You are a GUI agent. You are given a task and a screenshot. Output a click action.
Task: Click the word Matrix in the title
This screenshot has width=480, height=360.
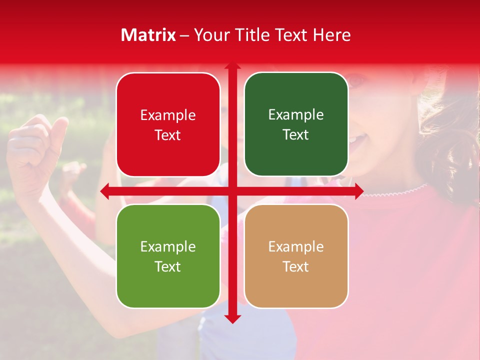point(148,35)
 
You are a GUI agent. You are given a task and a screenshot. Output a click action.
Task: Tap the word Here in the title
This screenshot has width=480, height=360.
point(331,35)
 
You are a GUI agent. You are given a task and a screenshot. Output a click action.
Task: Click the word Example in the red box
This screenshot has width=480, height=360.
point(168,115)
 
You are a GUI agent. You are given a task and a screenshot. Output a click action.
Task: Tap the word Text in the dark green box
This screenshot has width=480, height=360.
point(296,135)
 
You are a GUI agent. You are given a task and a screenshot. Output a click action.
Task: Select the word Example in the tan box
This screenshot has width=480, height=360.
point(296,247)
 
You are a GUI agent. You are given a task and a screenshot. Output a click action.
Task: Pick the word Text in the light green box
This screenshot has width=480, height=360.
point(168,266)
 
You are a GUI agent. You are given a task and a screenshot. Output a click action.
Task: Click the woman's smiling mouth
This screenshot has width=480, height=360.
point(356,142)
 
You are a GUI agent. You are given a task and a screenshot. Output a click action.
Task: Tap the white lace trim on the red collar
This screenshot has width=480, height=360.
point(400,190)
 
